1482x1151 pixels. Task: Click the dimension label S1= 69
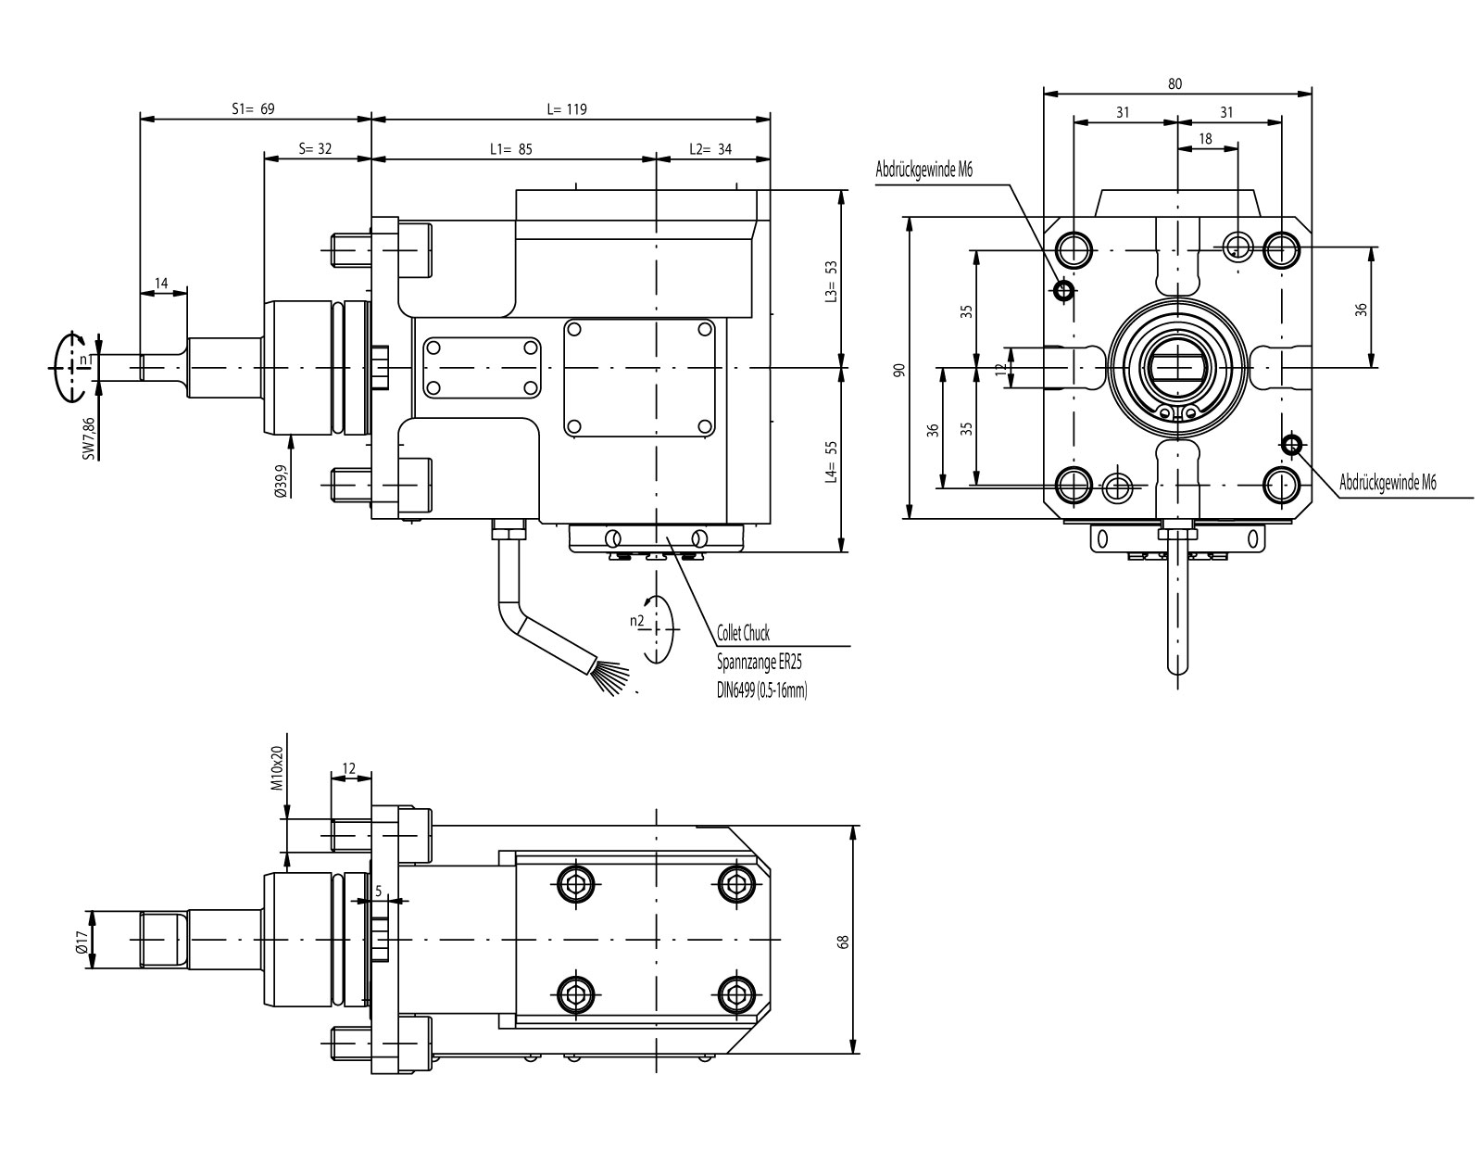(253, 108)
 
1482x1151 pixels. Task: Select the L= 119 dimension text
(567, 108)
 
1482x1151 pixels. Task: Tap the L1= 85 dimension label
(510, 148)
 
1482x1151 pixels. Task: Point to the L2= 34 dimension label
(710, 148)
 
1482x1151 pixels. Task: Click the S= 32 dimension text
(315, 148)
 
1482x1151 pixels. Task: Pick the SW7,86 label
(89, 437)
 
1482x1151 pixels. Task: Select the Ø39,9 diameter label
(282, 481)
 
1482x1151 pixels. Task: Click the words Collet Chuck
(743, 635)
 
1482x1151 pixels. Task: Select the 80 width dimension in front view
(1175, 83)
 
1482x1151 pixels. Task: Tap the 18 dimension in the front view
(1205, 138)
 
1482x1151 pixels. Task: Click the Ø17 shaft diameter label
(82, 938)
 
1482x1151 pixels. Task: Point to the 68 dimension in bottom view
(842, 941)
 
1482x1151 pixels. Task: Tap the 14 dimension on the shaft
(162, 283)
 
